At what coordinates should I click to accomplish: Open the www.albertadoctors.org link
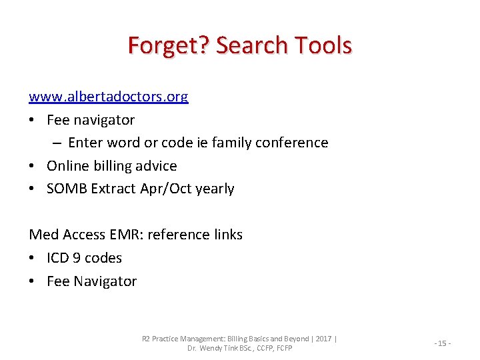(109, 97)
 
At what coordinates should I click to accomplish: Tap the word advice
(156, 166)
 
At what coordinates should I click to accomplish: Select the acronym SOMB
(67, 189)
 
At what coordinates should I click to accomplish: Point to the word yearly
(215, 189)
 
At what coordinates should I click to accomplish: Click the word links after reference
(226, 235)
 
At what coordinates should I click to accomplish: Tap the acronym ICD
(58, 258)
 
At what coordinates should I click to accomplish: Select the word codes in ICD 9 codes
(104, 258)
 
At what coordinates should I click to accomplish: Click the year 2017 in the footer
(323, 339)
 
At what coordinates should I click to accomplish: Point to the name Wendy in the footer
(215, 348)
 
